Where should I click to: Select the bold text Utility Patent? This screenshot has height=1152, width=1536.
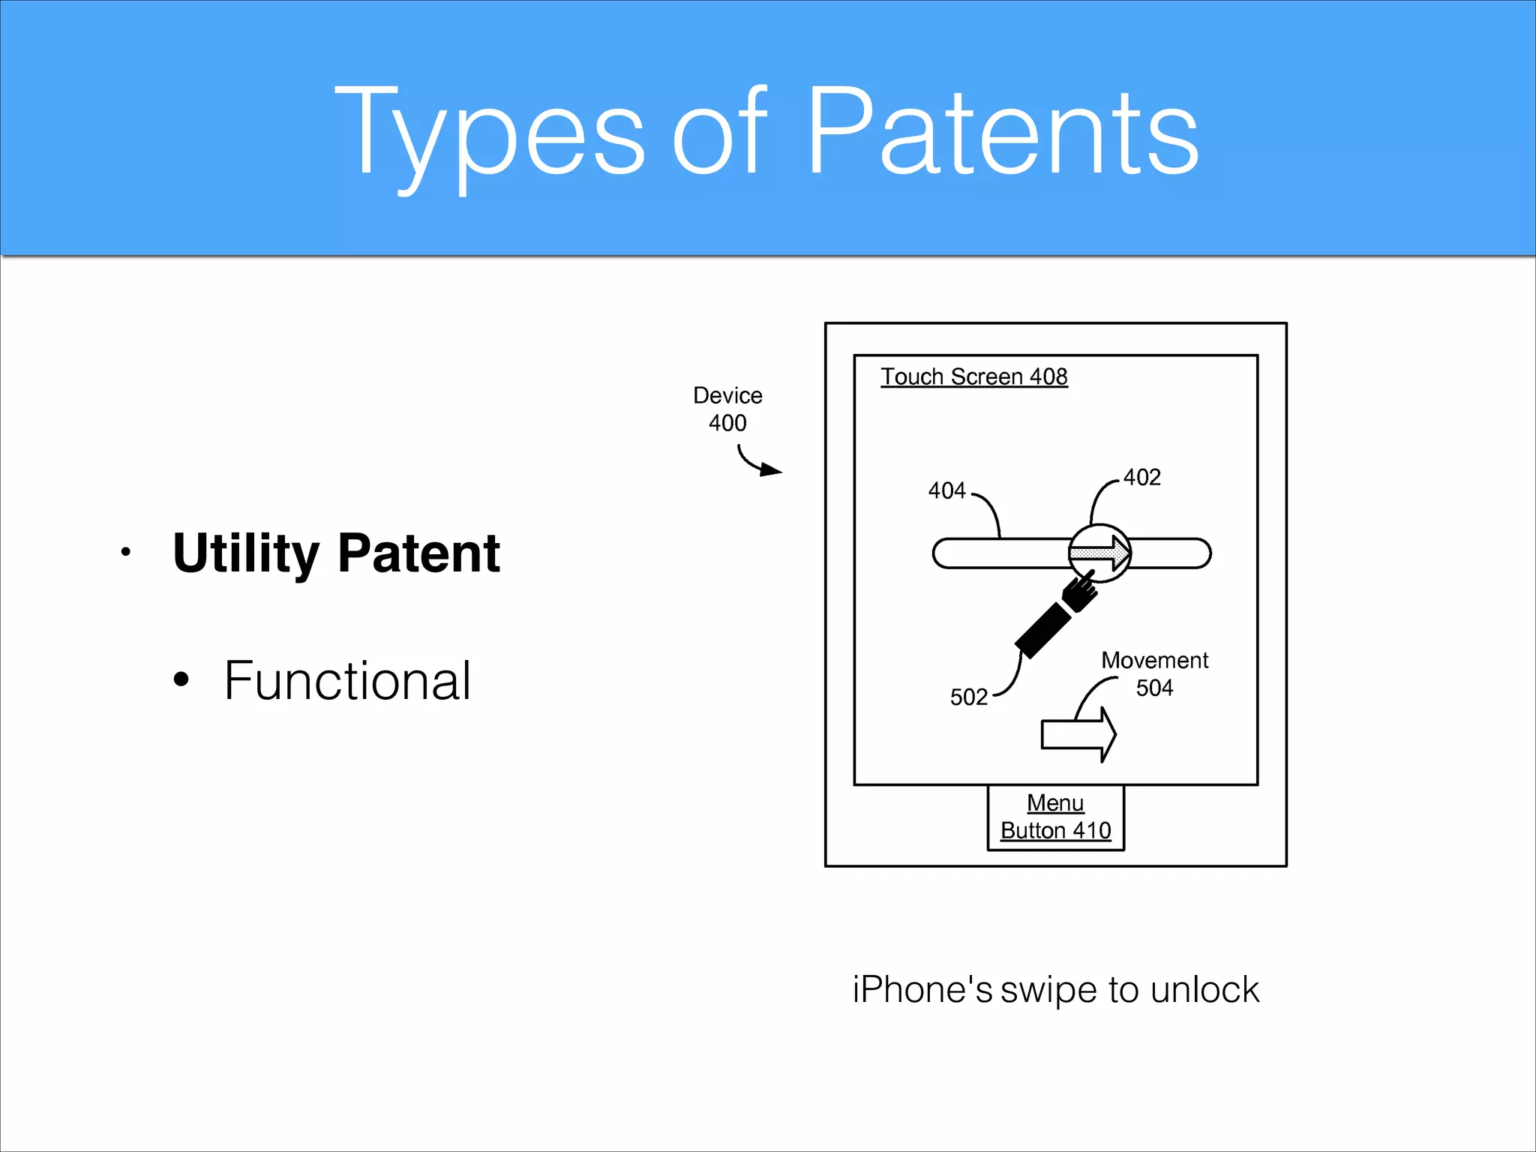pos(336,553)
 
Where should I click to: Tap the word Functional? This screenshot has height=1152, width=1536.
pos(347,681)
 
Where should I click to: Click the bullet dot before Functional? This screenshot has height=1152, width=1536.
pos(181,679)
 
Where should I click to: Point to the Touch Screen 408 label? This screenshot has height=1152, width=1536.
pos(973,376)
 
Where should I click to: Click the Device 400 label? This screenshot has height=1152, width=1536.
pos(727,409)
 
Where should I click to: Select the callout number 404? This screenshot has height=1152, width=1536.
pos(946,490)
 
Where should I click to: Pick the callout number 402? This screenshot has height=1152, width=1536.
pos(1141,477)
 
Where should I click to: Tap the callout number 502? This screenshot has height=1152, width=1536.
pos(968,697)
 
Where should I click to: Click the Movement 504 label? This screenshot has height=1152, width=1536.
pos(1154,673)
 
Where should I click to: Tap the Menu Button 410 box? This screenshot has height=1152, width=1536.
pos(1055,817)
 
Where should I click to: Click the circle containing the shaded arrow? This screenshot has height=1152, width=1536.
pos(1099,553)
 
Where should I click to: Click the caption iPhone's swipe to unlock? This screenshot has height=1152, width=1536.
pos(1055,989)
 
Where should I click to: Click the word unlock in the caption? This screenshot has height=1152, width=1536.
pos(1204,989)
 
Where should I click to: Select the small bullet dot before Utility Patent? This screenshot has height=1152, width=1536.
pos(125,553)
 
